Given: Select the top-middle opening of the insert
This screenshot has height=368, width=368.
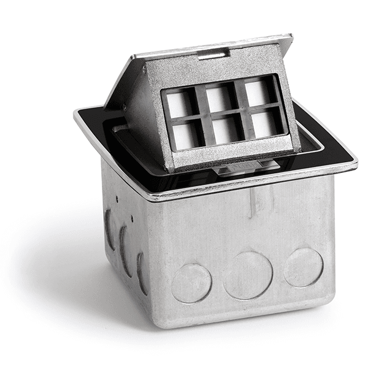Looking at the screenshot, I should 218,98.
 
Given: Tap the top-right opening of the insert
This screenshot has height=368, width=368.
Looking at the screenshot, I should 257,93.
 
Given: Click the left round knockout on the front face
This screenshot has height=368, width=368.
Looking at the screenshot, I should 191,283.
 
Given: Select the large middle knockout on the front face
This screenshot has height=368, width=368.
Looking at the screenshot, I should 247,275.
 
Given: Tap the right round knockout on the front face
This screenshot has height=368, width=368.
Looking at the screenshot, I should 303,267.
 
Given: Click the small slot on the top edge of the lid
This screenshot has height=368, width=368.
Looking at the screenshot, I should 214,55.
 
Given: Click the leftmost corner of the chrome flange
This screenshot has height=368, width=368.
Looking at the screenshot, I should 75,114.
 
